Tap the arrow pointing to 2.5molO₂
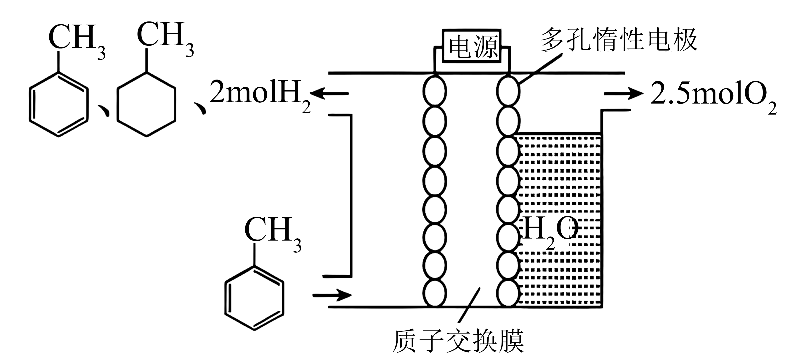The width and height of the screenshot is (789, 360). click(x=623, y=93)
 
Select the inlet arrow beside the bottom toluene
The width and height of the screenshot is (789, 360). click(x=332, y=295)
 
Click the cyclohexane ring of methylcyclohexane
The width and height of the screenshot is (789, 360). click(x=146, y=104)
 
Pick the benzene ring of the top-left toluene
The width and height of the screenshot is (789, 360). click(x=59, y=104)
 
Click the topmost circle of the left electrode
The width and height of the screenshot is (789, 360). click(x=434, y=91)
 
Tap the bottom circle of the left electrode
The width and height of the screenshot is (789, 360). click(x=434, y=293)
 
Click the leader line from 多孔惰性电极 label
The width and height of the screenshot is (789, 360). click(x=541, y=69)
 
